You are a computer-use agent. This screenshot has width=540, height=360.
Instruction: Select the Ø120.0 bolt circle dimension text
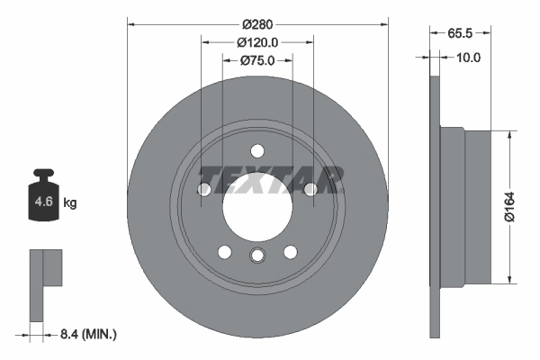point(257,41)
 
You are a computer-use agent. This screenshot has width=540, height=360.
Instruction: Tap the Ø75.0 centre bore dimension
point(257,60)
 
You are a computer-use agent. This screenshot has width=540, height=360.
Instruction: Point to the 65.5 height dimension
point(460,35)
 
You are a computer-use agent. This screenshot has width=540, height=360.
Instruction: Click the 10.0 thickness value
point(469,57)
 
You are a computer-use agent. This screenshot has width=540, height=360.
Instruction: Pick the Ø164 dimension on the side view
point(510,206)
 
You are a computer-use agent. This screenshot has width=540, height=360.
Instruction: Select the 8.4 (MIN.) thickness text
point(87,335)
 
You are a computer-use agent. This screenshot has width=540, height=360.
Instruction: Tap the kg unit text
point(70,203)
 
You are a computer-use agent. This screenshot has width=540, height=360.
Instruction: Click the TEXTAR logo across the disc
point(270,179)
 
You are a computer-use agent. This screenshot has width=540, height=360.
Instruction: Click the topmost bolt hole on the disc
point(257,150)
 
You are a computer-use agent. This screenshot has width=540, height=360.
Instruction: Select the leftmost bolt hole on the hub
point(204,189)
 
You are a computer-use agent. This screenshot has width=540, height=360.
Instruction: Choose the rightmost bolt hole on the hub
point(310,189)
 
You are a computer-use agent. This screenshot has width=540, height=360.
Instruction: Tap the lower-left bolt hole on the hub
point(225,252)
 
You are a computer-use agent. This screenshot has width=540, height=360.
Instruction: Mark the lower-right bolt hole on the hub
point(290,252)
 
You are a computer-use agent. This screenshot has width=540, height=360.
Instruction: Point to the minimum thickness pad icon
point(45,283)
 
